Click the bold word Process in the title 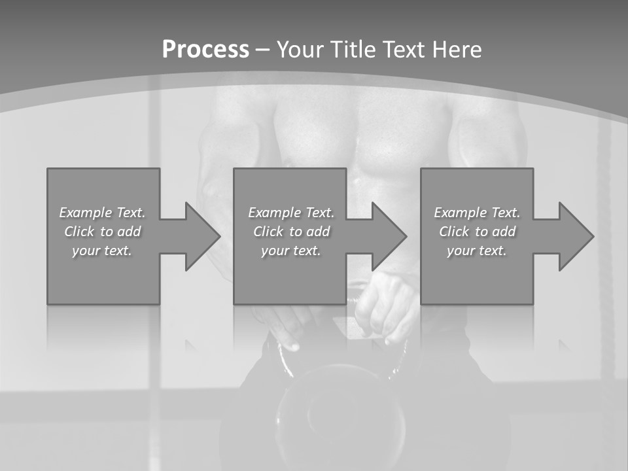pyautogui.click(x=205, y=50)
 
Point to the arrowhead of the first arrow pyautogui.click(x=203, y=236)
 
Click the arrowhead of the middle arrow pyautogui.click(x=389, y=236)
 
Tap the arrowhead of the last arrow pyautogui.click(x=576, y=236)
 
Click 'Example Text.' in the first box pyautogui.click(x=102, y=213)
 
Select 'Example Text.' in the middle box pyautogui.click(x=291, y=213)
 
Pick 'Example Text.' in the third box pyautogui.click(x=477, y=213)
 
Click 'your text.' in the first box pyautogui.click(x=102, y=251)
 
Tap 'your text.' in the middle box pyautogui.click(x=291, y=251)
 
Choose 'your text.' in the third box pyautogui.click(x=477, y=251)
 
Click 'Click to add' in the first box pyautogui.click(x=102, y=232)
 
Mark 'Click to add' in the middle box pyautogui.click(x=291, y=232)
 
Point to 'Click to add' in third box pyautogui.click(x=477, y=232)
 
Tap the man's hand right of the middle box pyautogui.click(x=386, y=307)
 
